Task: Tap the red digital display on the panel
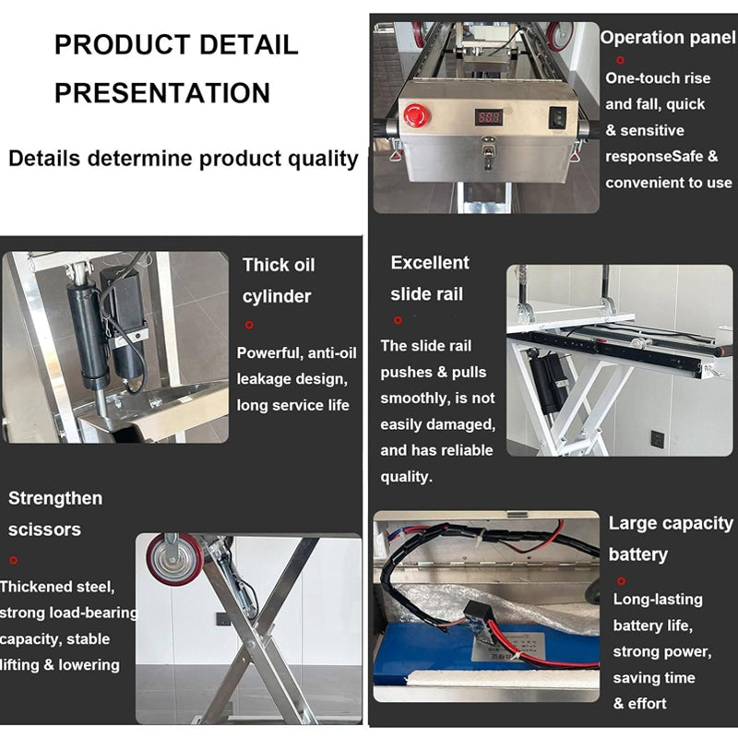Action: point(489,118)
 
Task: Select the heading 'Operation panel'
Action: point(668,38)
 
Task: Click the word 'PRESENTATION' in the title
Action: point(162,92)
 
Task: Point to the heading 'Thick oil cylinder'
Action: point(278,280)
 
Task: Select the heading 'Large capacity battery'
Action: point(671,539)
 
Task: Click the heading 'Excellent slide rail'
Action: point(429,278)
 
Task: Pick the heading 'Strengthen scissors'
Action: point(55,513)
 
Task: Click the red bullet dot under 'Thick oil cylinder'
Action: point(249,325)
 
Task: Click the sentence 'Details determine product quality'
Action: point(183,158)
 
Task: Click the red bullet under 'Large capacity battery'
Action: point(621,580)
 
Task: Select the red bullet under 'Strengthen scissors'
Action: point(14,560)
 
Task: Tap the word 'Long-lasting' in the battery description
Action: point(658,600)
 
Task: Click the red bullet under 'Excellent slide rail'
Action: point(398,320)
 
